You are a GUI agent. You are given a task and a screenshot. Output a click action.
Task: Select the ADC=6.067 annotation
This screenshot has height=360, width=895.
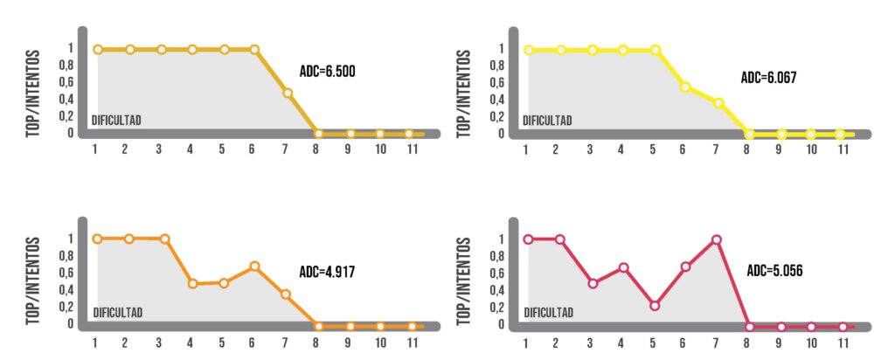(x=768, y=78)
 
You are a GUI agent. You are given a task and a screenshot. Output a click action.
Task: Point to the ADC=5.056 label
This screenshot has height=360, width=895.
(x=774, y=270)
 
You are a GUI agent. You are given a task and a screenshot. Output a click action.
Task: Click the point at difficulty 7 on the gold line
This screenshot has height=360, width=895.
(x=286, y=93)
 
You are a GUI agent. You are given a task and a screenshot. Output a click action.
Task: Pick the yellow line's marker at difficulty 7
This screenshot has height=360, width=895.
(x=718, y=103)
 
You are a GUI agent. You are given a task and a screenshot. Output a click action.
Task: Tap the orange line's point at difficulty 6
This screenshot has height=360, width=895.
(x=254, y=266)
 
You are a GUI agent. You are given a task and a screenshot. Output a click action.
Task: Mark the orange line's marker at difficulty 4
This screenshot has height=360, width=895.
(x=192, y=283)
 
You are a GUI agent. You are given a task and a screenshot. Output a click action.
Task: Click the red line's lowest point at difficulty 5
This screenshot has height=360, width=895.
(x=655, y=306)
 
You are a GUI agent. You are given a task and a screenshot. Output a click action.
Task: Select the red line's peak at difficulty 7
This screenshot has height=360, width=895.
(x=717, y=239)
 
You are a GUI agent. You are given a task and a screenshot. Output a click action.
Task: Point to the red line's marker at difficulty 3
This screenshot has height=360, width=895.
(x=593, y=283)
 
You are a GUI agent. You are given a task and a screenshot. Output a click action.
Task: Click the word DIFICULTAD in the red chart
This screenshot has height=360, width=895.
(x=548, y=312)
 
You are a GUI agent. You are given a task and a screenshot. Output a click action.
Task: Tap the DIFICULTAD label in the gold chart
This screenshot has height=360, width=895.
(x=117, y=120)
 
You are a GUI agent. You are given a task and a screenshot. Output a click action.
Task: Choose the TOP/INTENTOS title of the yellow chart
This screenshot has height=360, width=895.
(x=463, y=92)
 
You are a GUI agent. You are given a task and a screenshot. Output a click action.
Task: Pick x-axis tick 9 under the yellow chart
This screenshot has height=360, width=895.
(x=781, y=149)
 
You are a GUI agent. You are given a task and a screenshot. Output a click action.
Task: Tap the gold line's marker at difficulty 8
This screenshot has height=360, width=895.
(x=318, y=135)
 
